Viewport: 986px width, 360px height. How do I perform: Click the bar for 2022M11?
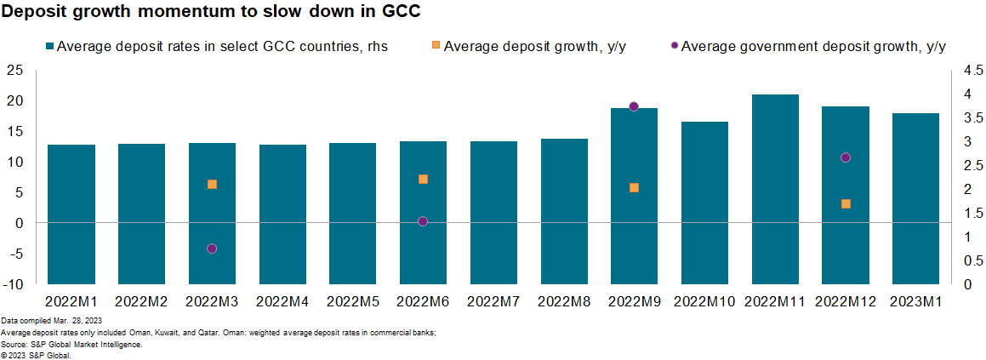pos(775,189)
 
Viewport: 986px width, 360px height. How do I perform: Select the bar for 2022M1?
pos(71,214)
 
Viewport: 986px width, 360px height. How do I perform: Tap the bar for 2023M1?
pos(915,198)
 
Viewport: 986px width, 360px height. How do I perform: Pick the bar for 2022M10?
pos(704,203)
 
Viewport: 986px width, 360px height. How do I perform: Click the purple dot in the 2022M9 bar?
pos(634,106)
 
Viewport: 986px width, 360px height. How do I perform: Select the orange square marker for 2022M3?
pos(212,184)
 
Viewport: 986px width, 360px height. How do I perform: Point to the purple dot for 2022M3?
pos(212,249)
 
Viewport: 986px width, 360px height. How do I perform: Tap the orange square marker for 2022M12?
pos(846,203)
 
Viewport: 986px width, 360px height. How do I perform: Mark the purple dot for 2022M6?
pos(423,221)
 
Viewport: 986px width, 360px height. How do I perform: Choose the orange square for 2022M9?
pos(634,187)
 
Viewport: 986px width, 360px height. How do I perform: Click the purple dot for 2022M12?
pos(846,157)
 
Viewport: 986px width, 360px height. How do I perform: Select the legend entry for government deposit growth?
pos(812,47)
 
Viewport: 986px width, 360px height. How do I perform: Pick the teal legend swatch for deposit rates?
pos(49,47)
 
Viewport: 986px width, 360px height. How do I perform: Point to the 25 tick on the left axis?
pos(14,70)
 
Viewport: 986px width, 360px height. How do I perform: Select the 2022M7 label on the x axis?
pos(493,300)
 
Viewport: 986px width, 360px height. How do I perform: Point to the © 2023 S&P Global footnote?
pos(36,355)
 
